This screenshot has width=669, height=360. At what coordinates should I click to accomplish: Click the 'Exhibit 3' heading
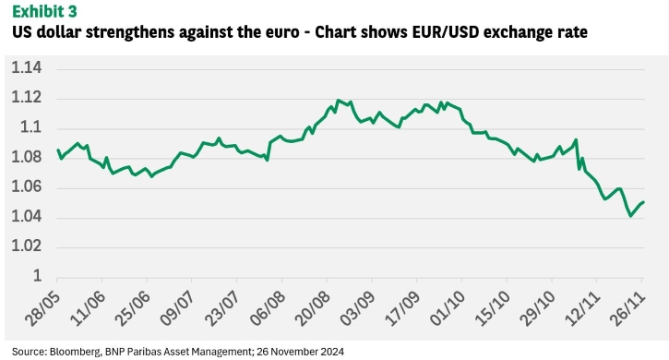click(44, 11)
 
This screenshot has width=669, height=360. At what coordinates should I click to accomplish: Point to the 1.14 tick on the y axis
click(27, 67)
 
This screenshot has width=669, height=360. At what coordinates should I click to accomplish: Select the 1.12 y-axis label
click(27, 97)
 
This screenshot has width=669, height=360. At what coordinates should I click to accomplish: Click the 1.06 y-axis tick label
click(27, 186)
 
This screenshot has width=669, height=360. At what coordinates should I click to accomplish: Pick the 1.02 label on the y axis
click(27, 246)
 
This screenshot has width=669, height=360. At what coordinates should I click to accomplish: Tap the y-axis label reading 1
click(38, 276)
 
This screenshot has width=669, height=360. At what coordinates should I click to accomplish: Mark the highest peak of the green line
click(338, 101)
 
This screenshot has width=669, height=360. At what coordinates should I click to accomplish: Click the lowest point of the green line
click(630, 216)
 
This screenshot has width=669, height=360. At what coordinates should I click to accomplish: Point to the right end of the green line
click(643, 202)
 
